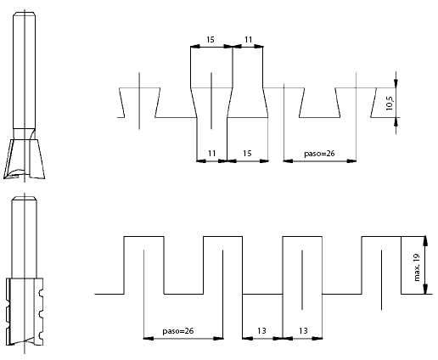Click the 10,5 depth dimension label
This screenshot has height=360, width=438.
point(390,103)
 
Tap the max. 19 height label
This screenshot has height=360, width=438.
point(417,267)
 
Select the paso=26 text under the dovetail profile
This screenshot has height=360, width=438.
point(319,154)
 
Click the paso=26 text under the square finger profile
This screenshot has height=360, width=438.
point(178,330)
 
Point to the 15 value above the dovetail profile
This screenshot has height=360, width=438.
point(211,40)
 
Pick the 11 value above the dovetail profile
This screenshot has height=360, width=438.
point(248,40)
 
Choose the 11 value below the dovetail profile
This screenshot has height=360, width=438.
point(212,154)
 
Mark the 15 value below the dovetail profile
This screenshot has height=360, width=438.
point(247,154)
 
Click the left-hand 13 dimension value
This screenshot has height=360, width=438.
point(261,330)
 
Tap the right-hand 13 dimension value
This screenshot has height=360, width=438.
point(303,330)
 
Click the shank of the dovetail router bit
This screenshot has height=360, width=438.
point(25,70)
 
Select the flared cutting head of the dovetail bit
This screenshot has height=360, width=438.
point(25,159)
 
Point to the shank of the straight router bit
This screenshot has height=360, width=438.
point(25,236)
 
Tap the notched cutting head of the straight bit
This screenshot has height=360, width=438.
point(25,312)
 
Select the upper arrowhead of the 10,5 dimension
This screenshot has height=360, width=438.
point(396,83)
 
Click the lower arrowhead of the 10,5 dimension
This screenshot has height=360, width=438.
point(396,121)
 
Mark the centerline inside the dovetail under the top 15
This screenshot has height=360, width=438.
point(211,100)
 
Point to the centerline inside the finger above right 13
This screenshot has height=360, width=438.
point(302,280)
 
